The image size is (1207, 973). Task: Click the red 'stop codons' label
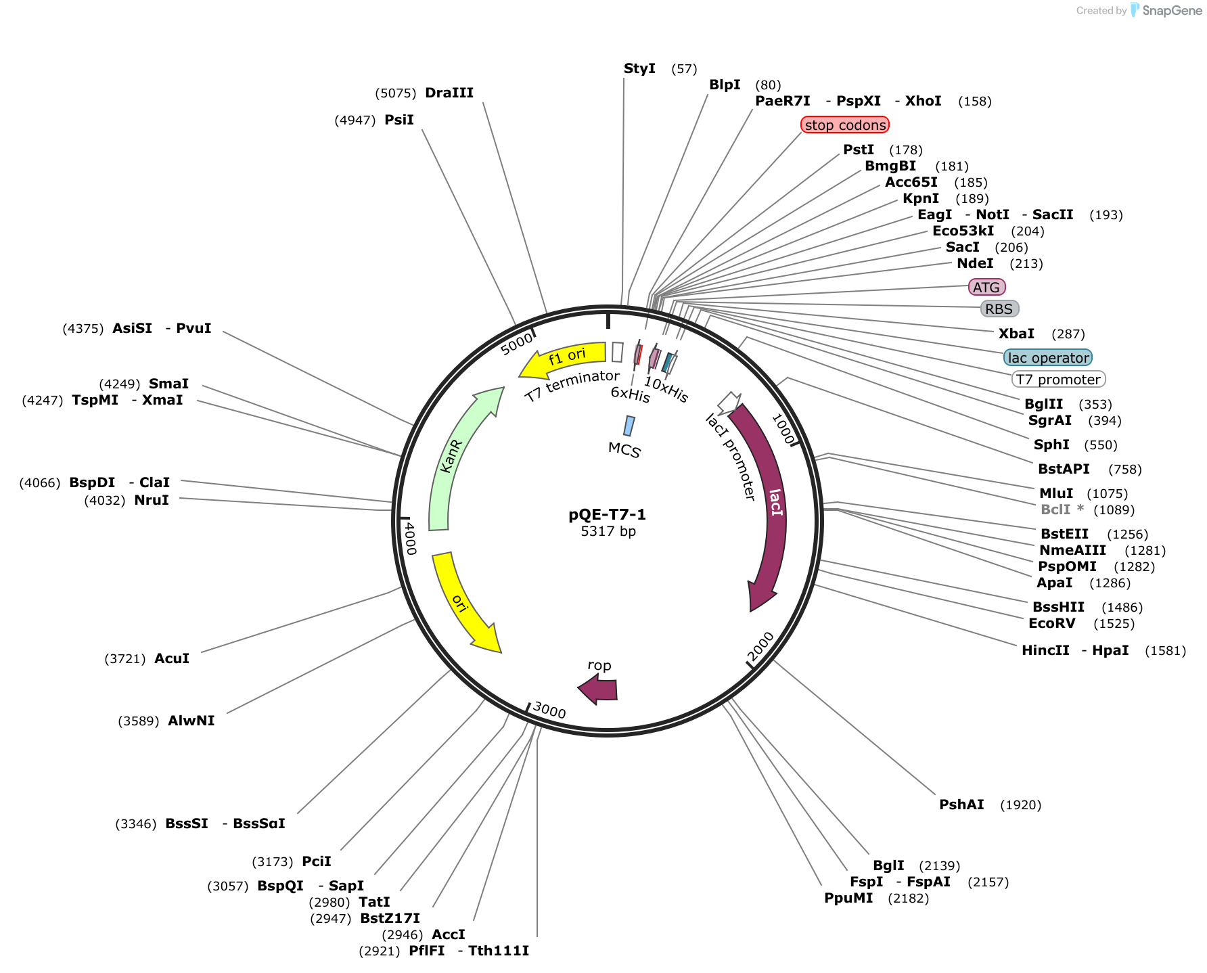(845, 125)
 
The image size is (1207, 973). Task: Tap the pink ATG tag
(986, 288)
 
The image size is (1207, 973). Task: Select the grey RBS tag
(999, 309)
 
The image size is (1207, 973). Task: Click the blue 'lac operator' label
(1048, 358)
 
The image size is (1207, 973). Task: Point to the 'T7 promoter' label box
(1058, 380)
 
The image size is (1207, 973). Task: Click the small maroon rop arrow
(598, 690)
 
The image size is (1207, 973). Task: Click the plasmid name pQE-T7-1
(608, 515)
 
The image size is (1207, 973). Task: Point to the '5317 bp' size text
(608, 531)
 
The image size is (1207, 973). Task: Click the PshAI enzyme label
(961, 805)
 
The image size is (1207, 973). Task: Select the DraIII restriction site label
(449, 93)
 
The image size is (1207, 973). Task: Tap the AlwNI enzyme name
(191, 721)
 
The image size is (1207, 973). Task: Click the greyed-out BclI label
(1055, 510)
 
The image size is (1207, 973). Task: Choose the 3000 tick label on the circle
(549, 710)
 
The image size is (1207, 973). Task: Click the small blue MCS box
(629, 426)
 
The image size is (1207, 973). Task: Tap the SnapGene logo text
(1172, 10)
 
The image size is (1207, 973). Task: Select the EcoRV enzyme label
(1051, 623)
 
